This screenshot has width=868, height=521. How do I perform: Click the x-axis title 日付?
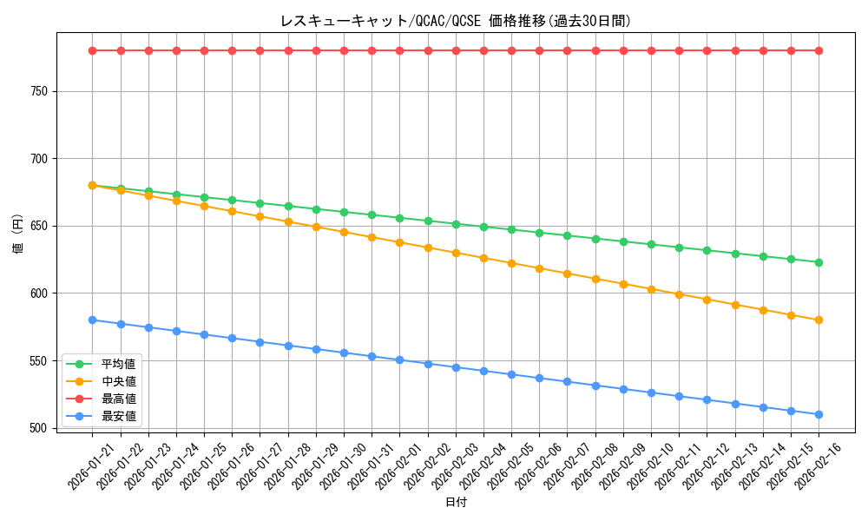(x=455, y=503)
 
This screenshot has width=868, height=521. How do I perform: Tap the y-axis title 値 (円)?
(x=18, y=234)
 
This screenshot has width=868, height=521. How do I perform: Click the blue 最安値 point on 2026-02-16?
(x=819, y=414)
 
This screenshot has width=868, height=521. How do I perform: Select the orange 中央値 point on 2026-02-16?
(x=819, y=320)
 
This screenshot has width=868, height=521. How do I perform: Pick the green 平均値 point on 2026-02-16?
(x=819, y=262)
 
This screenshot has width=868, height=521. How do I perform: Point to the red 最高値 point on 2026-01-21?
(x=92, y=50)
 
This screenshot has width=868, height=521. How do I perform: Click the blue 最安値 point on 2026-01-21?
(x=92, y=320)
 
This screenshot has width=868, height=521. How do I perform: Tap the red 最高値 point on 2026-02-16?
(x=819, y=50)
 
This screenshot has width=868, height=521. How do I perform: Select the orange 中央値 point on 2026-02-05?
(x=511, y=263)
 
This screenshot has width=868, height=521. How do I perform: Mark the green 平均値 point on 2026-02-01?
(x=399, y=218)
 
